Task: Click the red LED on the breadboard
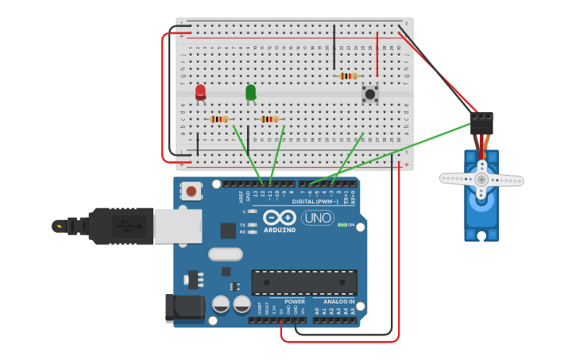pyautogui.click(x=200, y=92)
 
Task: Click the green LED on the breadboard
pyautogui.click(x=251, y=92)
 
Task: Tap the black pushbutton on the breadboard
pyautogui.click(x=369, y=94)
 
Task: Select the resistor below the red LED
pyautogui.click(x=219, y=119)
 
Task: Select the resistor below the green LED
pyautogui.click(x=270, y=119)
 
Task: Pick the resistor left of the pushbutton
pyautogui.click(x=348, y=76)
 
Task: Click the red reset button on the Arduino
pyautogui.click(x=191, y=191)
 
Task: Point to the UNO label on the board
pyautogui.click(x=317, y=218)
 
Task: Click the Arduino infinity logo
pyautogui.click(x=280, y=217)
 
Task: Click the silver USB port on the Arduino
pyautogui.click(x=177, y=226)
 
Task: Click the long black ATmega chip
pyautogui.click(x=303, y=282)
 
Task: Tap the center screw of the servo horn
pyautogui.click(x=481, y=180)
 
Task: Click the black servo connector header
pyautogui.click(x=481, y=122)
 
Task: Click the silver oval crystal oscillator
pyautogui.click(x=226, y=254)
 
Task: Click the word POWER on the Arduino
pyautogui.click(x=294, y=302)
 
